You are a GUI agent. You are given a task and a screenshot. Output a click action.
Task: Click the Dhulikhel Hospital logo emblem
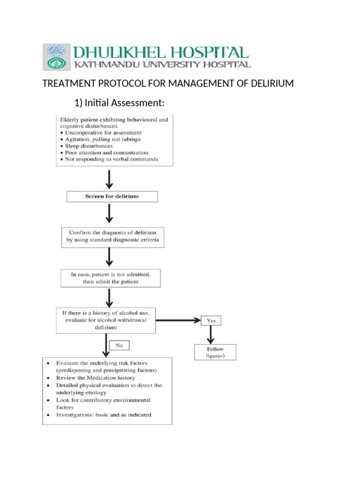coord(57,57)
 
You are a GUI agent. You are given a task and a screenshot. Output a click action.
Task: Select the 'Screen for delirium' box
coord(112,196)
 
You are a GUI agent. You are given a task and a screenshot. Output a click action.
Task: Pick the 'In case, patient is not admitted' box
coord(110,277)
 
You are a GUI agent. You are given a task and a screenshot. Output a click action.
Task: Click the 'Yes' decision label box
coord(211,321)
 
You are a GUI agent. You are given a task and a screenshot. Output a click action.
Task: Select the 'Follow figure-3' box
coord(215,352)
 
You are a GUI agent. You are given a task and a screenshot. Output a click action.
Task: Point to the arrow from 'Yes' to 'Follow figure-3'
coord(211,334)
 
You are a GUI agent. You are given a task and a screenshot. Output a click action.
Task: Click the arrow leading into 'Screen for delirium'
coord(109,178)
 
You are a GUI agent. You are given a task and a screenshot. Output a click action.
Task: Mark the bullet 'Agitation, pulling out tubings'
coord(103,139)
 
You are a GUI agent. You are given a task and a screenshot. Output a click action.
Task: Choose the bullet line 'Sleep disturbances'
coord(89,146)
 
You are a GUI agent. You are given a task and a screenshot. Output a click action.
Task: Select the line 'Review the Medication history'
coord(96,377)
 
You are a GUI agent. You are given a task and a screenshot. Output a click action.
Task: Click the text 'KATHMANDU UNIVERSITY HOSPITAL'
coord(161,64)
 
